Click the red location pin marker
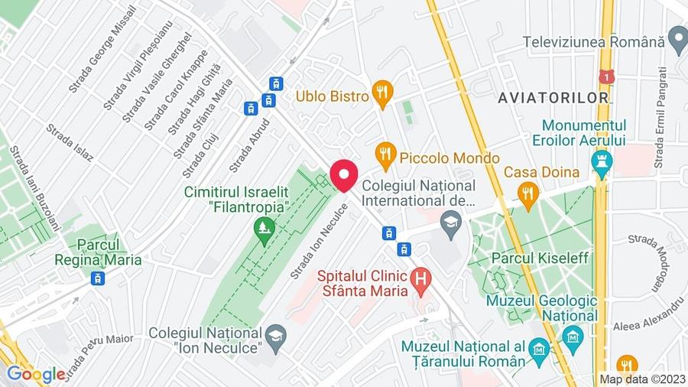(344, 175)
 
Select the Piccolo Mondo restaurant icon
(387, 157)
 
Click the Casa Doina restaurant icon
(527, 195)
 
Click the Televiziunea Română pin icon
(677, 36)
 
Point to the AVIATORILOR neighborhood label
(553, 97)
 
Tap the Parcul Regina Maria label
(98, 252)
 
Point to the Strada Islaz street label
(70, 143)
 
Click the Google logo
(35, 374)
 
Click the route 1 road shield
(607, 78)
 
